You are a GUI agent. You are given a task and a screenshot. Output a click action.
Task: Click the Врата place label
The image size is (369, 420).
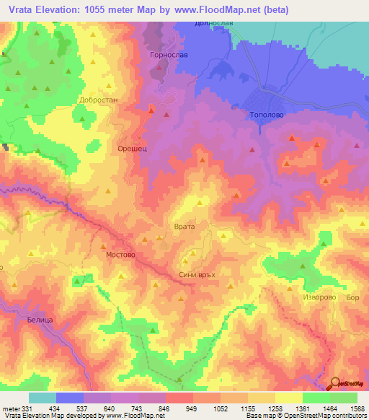pyautogui.click(x=185, y=227)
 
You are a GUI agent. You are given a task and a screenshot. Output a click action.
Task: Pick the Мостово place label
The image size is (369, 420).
pyautogui.click(x=120, y=255)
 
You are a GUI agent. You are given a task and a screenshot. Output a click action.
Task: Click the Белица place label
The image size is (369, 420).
pyautogui.click(x=41, y=318)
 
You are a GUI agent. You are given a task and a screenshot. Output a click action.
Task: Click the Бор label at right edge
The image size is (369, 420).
pyautogui.click(x=352, y=297)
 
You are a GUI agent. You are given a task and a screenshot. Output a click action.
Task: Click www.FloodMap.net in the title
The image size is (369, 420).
pyautogui.click(x=228, y=9)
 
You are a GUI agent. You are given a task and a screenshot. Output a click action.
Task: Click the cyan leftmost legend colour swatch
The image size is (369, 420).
pyautogui.click(x=43, y=398)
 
